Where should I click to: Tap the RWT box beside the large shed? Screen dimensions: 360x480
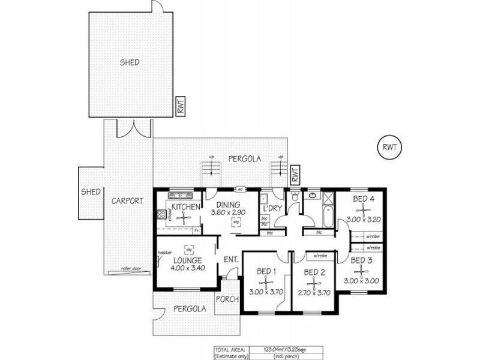click(x=180, y=106)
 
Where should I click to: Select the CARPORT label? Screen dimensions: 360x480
click(x=127, y=202)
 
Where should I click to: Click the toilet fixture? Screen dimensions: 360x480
click(x=295, y=197)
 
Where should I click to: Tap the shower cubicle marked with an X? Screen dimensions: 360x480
click(x=327, y=197)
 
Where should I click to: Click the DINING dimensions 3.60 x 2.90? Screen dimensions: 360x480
click(x=229, y=212)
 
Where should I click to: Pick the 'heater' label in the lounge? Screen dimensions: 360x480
click(x=165, y=253)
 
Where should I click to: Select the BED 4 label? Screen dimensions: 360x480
click(x=364, y=199)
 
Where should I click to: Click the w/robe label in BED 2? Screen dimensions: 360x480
click(x=320, y=257)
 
